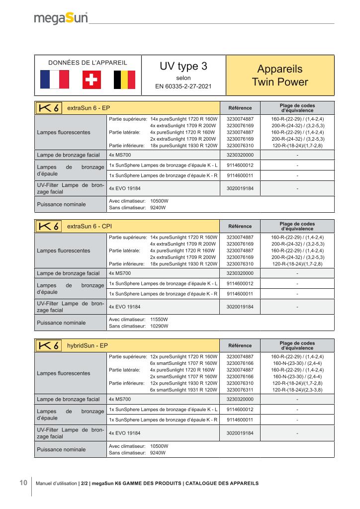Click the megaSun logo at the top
tap(61, 18)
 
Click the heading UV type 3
tap(183, 67)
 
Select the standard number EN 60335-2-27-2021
tap(183, 86)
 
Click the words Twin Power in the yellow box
tap(280, 82)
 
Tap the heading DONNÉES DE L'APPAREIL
tap(88, 63)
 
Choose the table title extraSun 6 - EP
tap(85, 108)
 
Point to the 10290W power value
tap(159, 326)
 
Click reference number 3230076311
tap(240, 390)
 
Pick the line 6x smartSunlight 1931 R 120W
tap(183, 390)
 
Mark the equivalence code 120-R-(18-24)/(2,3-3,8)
tap(298, 390)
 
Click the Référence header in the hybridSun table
tap(240, 345)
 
